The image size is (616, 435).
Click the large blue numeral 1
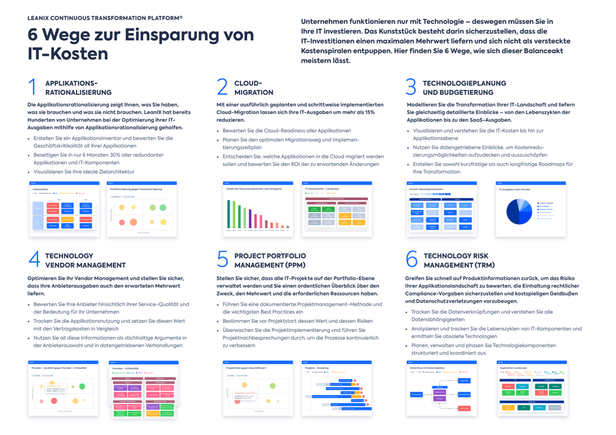point(33,87)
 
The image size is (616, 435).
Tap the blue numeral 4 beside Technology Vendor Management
point(34,259)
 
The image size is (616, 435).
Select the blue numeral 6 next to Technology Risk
point(412,259)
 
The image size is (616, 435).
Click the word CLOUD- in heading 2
point(248,83)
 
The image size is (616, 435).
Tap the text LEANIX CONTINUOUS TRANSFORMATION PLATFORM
point(105,18)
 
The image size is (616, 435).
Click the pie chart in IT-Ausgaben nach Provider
point(518,211)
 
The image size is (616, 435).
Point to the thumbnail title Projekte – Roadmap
point(318,368)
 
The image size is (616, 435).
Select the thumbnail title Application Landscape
point(513,368)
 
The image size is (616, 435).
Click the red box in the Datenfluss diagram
point(464,408)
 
